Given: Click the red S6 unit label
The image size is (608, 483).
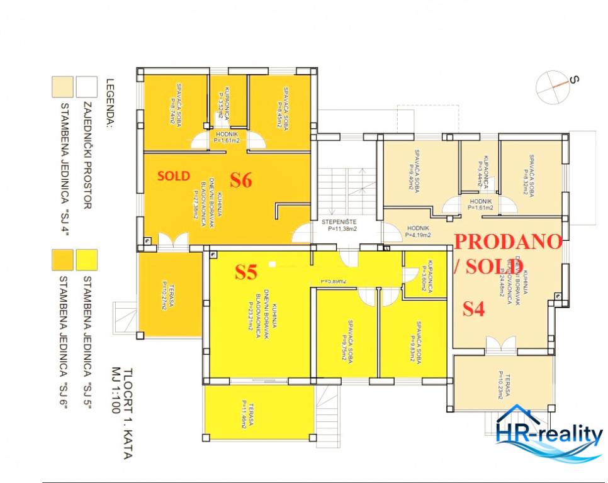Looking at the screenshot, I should click(240, 180).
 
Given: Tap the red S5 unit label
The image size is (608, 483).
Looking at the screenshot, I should click(246, 272).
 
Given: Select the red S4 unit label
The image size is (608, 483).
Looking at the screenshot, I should click(474, 309).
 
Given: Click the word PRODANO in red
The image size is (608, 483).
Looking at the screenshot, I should click(507, 241).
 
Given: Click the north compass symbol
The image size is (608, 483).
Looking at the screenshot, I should click(554, 87).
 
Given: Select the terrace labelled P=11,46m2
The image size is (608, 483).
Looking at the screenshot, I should click(259, 413).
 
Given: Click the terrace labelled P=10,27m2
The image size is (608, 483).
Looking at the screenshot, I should click(168, 294).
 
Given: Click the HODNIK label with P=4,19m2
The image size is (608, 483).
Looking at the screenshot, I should click(418, 232).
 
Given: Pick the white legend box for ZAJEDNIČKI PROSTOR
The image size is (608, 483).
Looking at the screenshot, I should click(86, 86).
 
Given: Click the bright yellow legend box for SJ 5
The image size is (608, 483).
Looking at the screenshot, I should click(86, 258).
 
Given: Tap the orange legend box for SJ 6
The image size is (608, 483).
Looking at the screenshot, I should click(62, 258).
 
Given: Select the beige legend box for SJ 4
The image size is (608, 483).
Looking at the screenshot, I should click(62, 86).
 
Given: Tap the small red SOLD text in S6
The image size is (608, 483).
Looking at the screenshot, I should click(173, 176).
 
